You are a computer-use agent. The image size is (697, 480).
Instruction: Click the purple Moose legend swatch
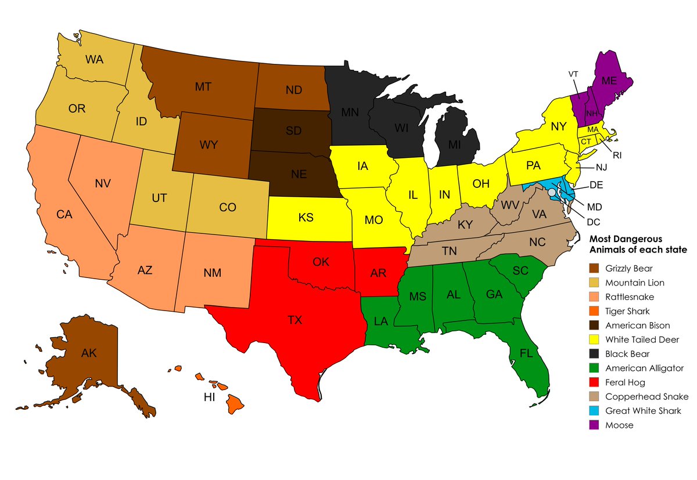click(595, 425)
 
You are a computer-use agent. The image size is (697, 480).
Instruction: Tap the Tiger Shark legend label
click(627, 311)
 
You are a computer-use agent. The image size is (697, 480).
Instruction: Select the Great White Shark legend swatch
click(595, 411)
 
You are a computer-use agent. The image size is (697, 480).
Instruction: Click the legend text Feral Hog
click(625, 382)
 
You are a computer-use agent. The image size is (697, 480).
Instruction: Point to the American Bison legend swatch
click(595, 326)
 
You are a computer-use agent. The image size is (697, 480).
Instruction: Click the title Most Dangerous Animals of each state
click(638, 244)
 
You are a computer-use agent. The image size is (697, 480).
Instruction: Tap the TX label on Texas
click(294, 319)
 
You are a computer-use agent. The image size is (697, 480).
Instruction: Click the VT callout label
click(573, 74)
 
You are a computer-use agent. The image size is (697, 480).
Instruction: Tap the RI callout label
click(617, 155)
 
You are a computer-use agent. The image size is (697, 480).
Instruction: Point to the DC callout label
click(593, 221)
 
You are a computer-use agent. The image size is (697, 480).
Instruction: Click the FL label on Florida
click(526, 353)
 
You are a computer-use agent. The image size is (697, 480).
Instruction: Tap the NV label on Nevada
click(102, 183)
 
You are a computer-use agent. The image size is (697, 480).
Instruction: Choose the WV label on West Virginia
click(509, 205)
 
